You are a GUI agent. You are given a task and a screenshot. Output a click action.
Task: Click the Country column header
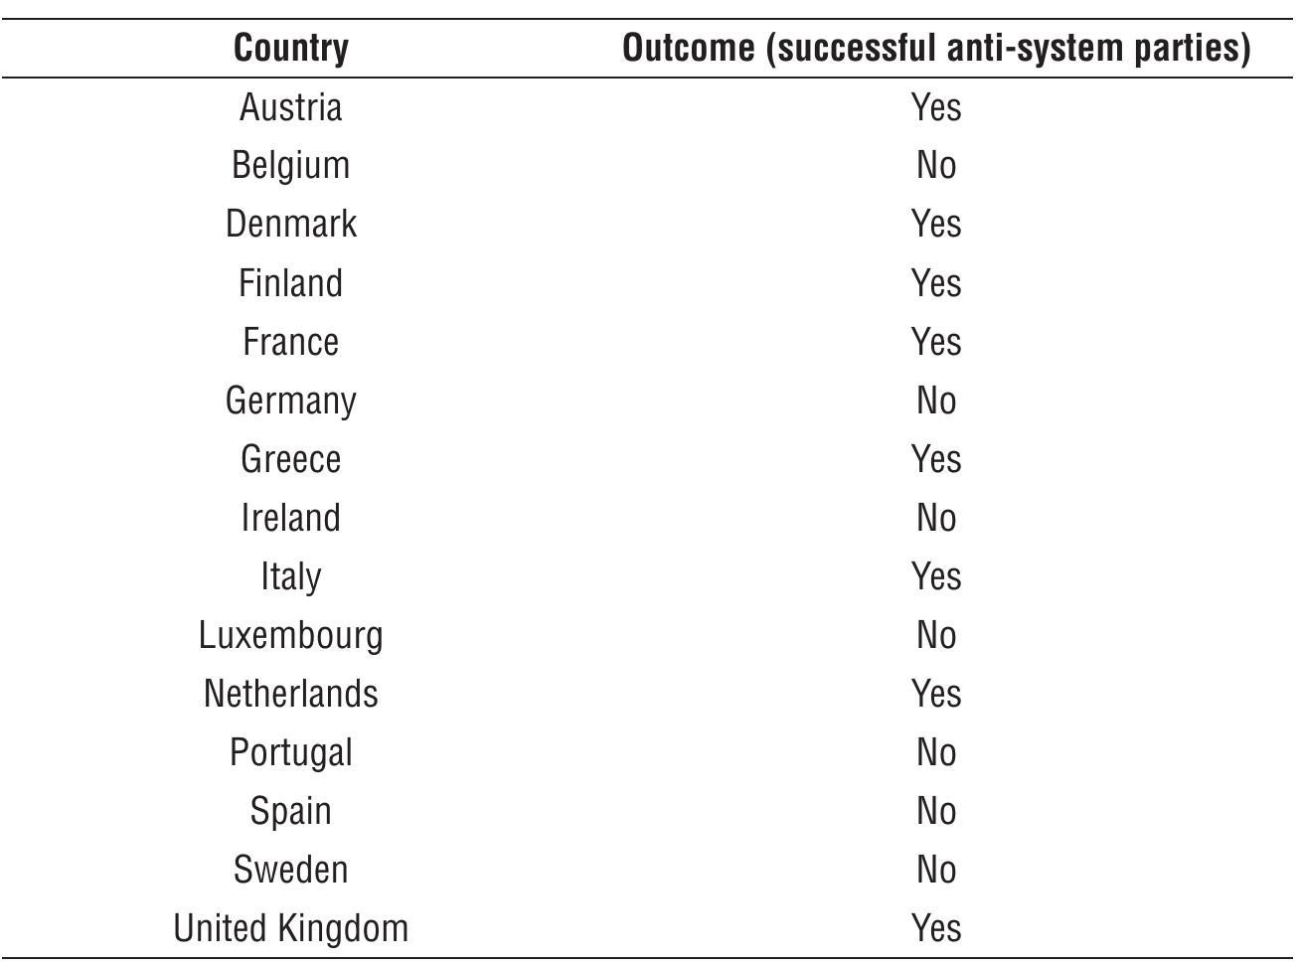(291, 48)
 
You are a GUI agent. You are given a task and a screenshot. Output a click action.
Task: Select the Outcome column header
(935, 48)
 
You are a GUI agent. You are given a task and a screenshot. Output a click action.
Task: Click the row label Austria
(291, 106)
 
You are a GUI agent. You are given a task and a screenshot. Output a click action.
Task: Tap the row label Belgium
(291, 165)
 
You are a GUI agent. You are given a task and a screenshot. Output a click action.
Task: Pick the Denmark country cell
(291, 224)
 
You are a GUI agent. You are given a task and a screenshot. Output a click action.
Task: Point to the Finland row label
(291, 283)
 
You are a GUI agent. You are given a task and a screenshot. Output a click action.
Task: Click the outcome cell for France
(936, 342)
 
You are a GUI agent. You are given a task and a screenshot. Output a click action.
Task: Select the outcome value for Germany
(936, 401)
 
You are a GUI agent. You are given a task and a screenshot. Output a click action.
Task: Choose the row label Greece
(291, 459)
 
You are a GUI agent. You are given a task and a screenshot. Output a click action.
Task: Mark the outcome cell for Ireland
(936, 518)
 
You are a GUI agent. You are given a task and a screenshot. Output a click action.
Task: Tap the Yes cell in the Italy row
(936, 576)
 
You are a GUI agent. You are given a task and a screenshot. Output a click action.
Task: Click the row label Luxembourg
(291, 635)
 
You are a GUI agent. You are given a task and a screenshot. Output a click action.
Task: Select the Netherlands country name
(291, 694)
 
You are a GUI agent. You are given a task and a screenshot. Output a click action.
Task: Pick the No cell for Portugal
(936, 752)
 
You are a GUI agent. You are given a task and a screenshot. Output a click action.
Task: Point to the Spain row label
(291, 811)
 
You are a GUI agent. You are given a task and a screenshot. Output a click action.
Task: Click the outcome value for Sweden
(936, 870)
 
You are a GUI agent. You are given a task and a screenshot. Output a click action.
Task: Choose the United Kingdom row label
(291, 928)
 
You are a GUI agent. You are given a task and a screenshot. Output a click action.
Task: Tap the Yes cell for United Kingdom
(936, 928)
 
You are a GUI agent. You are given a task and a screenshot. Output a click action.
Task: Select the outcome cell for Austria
(936, 106)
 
